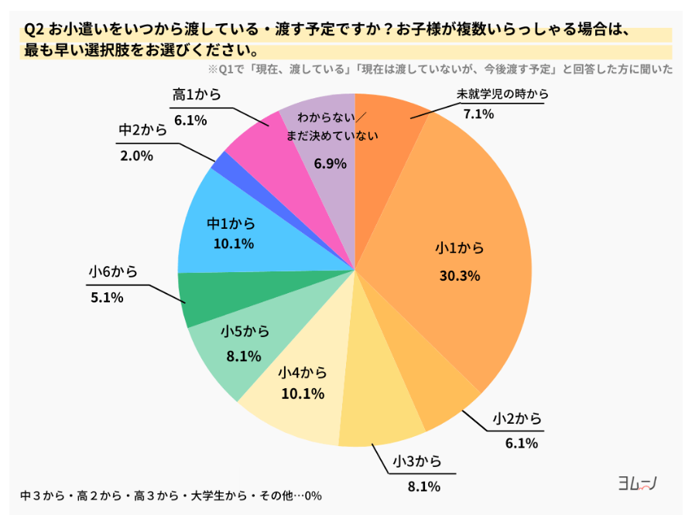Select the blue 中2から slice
coord(220,163)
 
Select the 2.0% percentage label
coord(136,155)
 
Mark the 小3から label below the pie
coord(416,462)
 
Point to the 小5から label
coord(245,332)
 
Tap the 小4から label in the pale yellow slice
coord(302,373)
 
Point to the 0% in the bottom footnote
coord(313,496)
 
